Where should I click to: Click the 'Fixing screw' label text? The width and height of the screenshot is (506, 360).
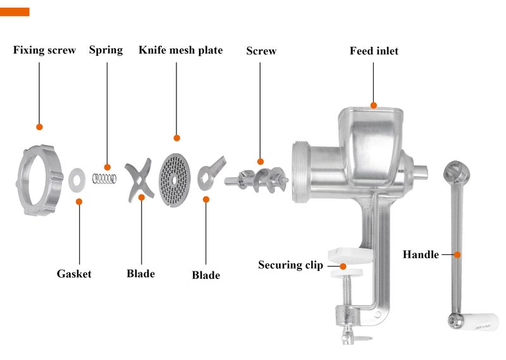click(x=44, y=50)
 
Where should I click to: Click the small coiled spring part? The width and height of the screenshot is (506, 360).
click(x=104, y=178)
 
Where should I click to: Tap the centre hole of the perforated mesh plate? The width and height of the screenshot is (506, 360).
click(x=175, y=180)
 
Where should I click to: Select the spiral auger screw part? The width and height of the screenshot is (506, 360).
click(x=257, y=180)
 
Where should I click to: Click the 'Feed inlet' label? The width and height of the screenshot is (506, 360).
click(x=374, y=51)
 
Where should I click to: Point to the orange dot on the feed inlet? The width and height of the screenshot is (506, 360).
click(x=374, y=105)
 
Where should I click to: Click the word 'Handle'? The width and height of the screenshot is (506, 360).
click(x=421, y=254)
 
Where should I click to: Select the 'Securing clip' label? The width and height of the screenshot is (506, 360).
click(x=290, y=265)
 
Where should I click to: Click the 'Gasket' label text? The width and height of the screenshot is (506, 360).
click(x=74, y=274)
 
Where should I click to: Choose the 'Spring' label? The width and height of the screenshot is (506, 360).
click(x=106, y=50)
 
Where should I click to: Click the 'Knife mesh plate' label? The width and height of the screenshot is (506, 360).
click(x=181, y=50)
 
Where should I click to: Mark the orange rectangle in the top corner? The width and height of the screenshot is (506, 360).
click(x=15, y=12)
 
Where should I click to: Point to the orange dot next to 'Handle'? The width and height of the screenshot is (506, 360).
click(x=457, y=255)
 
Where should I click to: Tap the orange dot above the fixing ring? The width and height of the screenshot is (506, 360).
click(x=39, y=127)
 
